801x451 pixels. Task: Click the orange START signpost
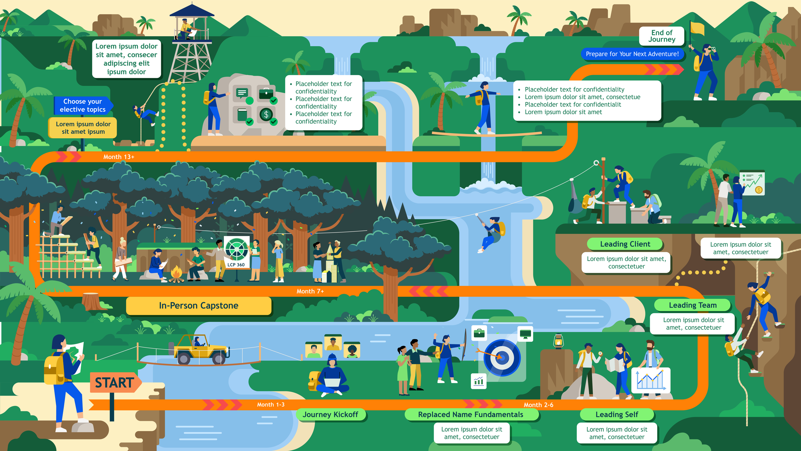[x=115, y=382]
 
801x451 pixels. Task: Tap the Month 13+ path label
[x=119, y=157]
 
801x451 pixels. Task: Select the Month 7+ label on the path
[x=310, y=291]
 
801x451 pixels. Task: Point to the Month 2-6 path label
[x=538, y=405]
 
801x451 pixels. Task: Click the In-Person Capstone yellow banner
[x=199, y=306]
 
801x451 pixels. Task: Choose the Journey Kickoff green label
[x=330, y=414]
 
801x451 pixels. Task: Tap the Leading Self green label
[x=616, y=414]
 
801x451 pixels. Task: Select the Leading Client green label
[x=625, y=244]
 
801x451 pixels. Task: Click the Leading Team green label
[x=692, y=305]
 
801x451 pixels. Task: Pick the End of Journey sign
[x=662, y=36]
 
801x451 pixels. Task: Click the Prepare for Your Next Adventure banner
[x=632, y=54]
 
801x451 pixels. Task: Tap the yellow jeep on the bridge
[x=200, y=350]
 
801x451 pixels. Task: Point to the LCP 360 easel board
[x=236, y=252]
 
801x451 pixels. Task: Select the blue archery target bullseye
[x=502, y=358]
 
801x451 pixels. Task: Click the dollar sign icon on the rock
[x=266, y=115]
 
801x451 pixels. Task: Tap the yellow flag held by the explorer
[x=697, y=28]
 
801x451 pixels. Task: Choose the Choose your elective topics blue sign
[x=83, y=105]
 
